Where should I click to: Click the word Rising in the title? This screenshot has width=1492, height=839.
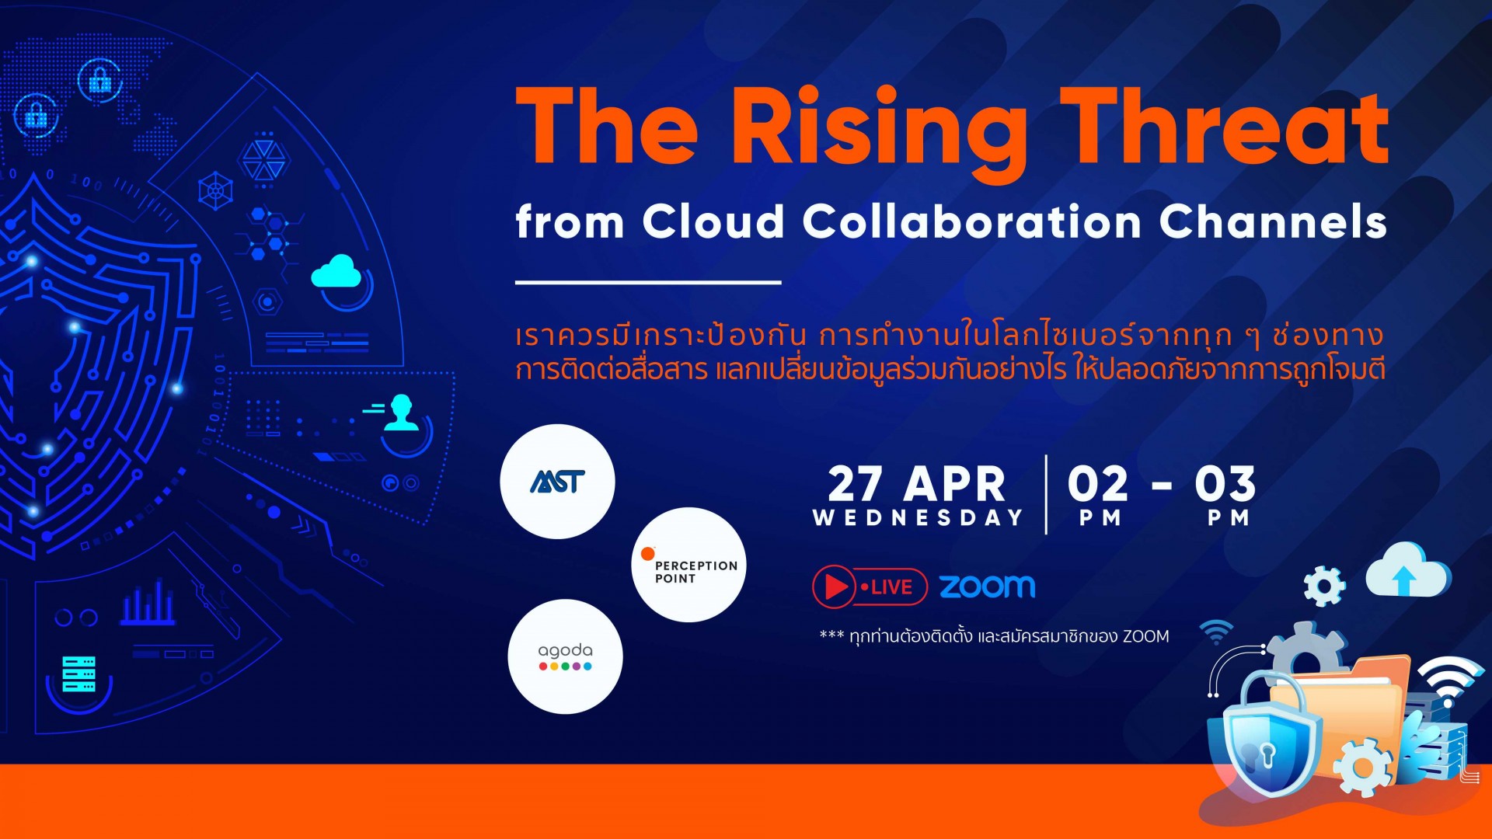point(879,132)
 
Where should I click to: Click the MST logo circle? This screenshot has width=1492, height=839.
point(557,482)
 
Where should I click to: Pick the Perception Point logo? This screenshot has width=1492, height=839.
point(689,565)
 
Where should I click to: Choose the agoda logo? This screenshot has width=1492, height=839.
point(565,656)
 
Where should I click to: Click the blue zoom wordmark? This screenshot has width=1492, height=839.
point(987,587)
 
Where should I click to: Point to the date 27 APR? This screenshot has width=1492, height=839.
point(917,484)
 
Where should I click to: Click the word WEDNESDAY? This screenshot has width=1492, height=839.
point(918,518)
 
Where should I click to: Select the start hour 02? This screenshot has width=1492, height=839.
point(1098,484)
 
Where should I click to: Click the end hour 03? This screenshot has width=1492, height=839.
point(1225,484)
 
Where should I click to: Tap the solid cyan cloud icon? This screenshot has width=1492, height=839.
point(336,271)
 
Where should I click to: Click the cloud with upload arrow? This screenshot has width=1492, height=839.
point(1407,570)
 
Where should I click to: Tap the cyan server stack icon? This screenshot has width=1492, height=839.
point(79,674)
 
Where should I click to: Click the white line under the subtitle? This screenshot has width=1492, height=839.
point(648,283)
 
